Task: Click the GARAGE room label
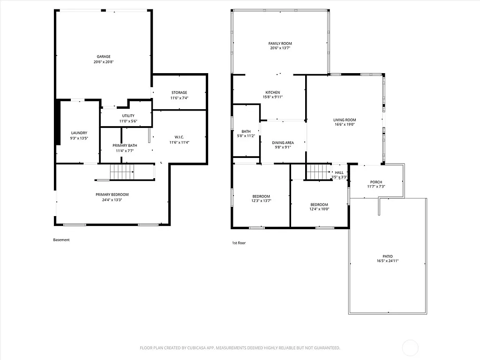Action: click(x=104, y=57)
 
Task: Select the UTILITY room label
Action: click(x=128, y=116)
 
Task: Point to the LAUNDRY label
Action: click(x=79, y=133)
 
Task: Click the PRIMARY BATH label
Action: click(x=125, y=146)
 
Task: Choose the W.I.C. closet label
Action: click(x=179, y=137)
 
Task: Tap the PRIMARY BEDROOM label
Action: click(x=112, y=195)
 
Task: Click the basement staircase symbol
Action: click(x=122, y=172)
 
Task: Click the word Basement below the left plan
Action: click(x=61, y=240)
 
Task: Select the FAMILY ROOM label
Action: click(x=280, y=44)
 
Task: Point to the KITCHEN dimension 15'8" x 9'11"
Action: click(x=273, y=97)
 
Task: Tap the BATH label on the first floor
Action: click(x=246, y=131)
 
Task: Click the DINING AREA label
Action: click(x=283, y=142)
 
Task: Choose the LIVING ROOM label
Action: click(x=345, y=120)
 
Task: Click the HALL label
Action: click(x=339, y=172)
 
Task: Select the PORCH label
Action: click(x=376, y=182)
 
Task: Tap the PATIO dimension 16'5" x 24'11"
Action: click(x=387, y=261)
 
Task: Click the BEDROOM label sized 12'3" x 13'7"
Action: click(x=261, y=196)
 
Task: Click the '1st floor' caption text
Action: click(x=239, y=243)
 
